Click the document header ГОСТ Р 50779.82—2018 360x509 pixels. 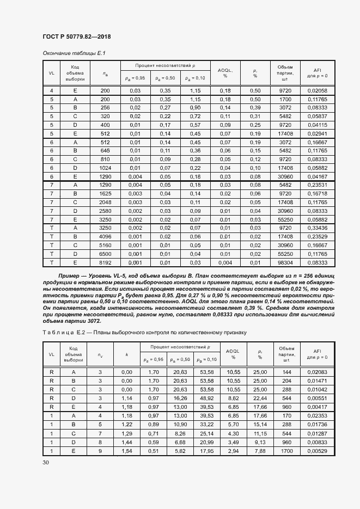76,36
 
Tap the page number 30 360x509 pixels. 46,462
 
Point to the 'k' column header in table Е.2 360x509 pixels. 127,354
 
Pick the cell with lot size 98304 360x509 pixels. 286,262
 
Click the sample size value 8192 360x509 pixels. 105,262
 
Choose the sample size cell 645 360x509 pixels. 105,150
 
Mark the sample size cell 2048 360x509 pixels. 105,202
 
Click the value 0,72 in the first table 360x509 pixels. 196,116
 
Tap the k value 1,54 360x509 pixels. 127,451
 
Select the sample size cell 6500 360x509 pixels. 105,253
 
